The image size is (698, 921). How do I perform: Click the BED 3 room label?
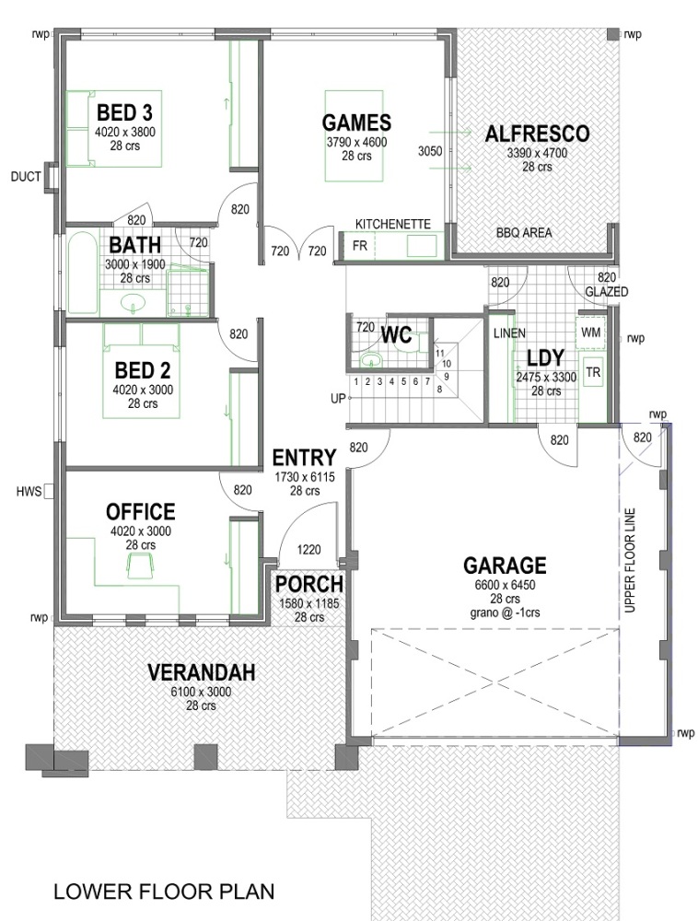point(124,112)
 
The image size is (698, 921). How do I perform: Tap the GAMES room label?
point(356,122)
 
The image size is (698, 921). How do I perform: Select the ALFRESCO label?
point(536,134)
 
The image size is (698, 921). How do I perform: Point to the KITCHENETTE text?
point(393,224)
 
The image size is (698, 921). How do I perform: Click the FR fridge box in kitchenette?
point(359,246)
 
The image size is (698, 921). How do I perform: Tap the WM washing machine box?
point(589,331)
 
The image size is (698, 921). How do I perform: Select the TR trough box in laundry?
point(593,372)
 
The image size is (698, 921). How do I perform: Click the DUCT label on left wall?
point(25,177)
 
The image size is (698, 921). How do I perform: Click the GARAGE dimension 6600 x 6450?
point(504,586)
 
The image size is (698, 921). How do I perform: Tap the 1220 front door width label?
point(308,550)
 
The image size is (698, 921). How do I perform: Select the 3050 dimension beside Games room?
point(429,150)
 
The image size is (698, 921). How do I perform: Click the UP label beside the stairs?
point(338,399)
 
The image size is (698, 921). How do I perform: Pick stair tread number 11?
point(440,352)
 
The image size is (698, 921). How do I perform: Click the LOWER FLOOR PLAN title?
point(164,892)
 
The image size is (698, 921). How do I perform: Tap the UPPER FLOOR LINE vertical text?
point(631,557)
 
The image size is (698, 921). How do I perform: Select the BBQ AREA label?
point(523,233)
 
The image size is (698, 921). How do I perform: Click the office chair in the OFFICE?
point(142,565)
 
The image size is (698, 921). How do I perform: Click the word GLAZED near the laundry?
point(606,292)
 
